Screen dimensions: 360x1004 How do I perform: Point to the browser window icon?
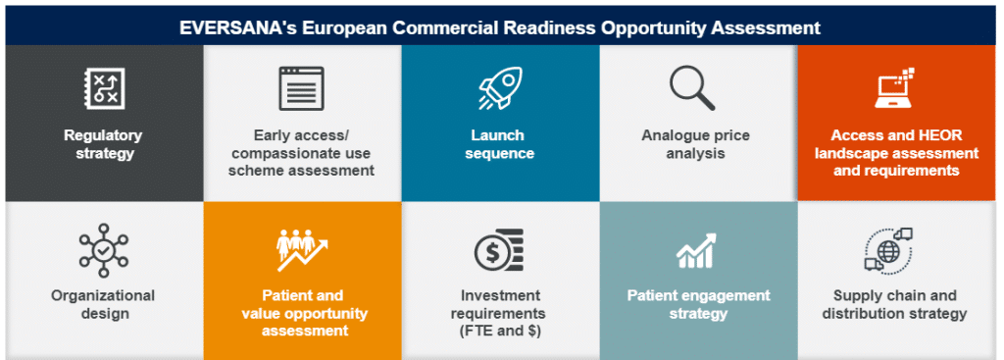(x=301, y=88)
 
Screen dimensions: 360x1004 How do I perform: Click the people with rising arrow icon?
(x=301, y=251)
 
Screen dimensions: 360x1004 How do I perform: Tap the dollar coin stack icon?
(x=499, y=251)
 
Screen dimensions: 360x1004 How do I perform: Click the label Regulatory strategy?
(x=103, y=144)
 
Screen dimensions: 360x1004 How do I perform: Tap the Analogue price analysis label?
(x=697, y=144)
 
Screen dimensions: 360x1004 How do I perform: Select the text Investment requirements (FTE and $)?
(x=500, y=313)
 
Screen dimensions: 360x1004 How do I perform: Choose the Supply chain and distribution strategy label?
(x=894, y=304)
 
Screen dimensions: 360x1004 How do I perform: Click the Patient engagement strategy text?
(x=698, y=304)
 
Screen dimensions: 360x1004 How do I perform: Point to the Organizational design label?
(x=103, y=304)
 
